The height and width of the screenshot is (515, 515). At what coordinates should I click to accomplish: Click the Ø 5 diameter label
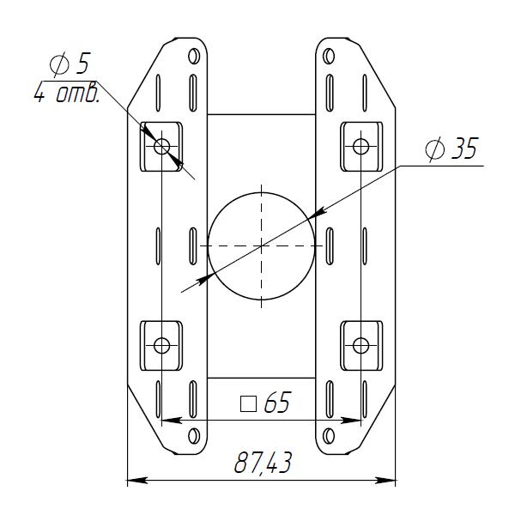[70, 64]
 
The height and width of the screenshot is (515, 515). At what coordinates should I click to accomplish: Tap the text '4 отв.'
[67, 92]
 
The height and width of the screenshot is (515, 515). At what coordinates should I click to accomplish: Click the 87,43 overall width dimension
[263, 463]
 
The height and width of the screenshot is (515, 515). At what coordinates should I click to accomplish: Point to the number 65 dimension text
[277, 402]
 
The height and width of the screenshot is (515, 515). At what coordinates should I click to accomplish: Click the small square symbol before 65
[248, 404]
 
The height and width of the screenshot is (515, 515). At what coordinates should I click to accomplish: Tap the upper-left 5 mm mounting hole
[161, 146]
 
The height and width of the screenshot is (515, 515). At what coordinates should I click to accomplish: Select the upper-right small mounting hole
[360, 146]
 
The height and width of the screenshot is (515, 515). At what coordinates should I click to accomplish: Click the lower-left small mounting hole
[161, 346]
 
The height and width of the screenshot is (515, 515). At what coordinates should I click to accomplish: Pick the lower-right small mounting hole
[360, 346]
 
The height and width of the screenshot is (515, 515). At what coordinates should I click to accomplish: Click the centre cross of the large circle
[261, 245]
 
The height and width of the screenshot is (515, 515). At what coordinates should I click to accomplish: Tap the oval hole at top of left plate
[194, 56]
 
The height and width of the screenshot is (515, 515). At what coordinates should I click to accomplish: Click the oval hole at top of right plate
[329, 56]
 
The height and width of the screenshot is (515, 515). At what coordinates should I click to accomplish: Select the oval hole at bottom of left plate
[194, 436]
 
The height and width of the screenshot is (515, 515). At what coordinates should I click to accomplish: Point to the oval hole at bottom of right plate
[329, 436]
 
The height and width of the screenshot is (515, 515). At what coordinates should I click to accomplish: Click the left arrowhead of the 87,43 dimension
[137, 481]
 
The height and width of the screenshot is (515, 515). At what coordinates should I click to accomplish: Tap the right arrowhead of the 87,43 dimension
[385, 481]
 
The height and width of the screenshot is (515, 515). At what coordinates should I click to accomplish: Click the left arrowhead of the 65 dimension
[172, 420]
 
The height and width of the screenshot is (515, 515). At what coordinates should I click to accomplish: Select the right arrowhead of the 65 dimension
[350, 420]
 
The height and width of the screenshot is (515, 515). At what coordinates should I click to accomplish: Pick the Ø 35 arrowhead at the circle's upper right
[318, 213]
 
